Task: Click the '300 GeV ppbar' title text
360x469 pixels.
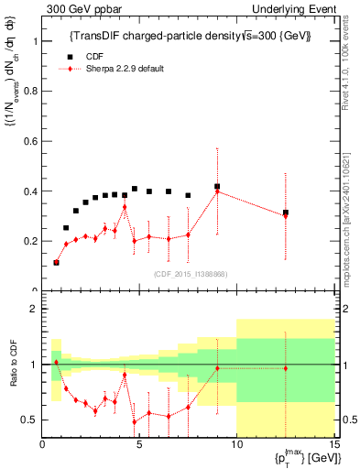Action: point(77,8)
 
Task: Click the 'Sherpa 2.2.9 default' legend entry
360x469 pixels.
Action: point(123,68)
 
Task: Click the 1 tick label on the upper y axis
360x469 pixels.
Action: point(36,42)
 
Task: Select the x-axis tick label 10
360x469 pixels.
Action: point(236,446)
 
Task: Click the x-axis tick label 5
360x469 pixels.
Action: point(139,446)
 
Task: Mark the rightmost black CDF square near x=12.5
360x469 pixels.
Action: point(286,213)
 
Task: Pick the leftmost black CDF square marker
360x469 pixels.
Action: point(56,262)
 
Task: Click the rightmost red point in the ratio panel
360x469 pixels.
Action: point(286,368)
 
